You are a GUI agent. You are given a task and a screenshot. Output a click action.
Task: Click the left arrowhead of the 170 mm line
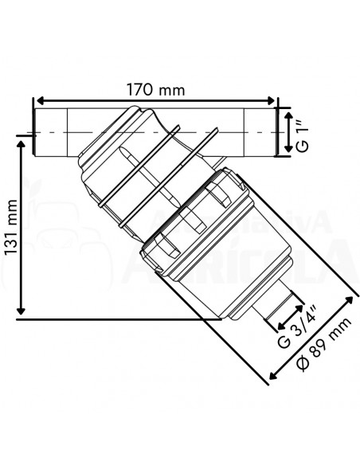[37, 102]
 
